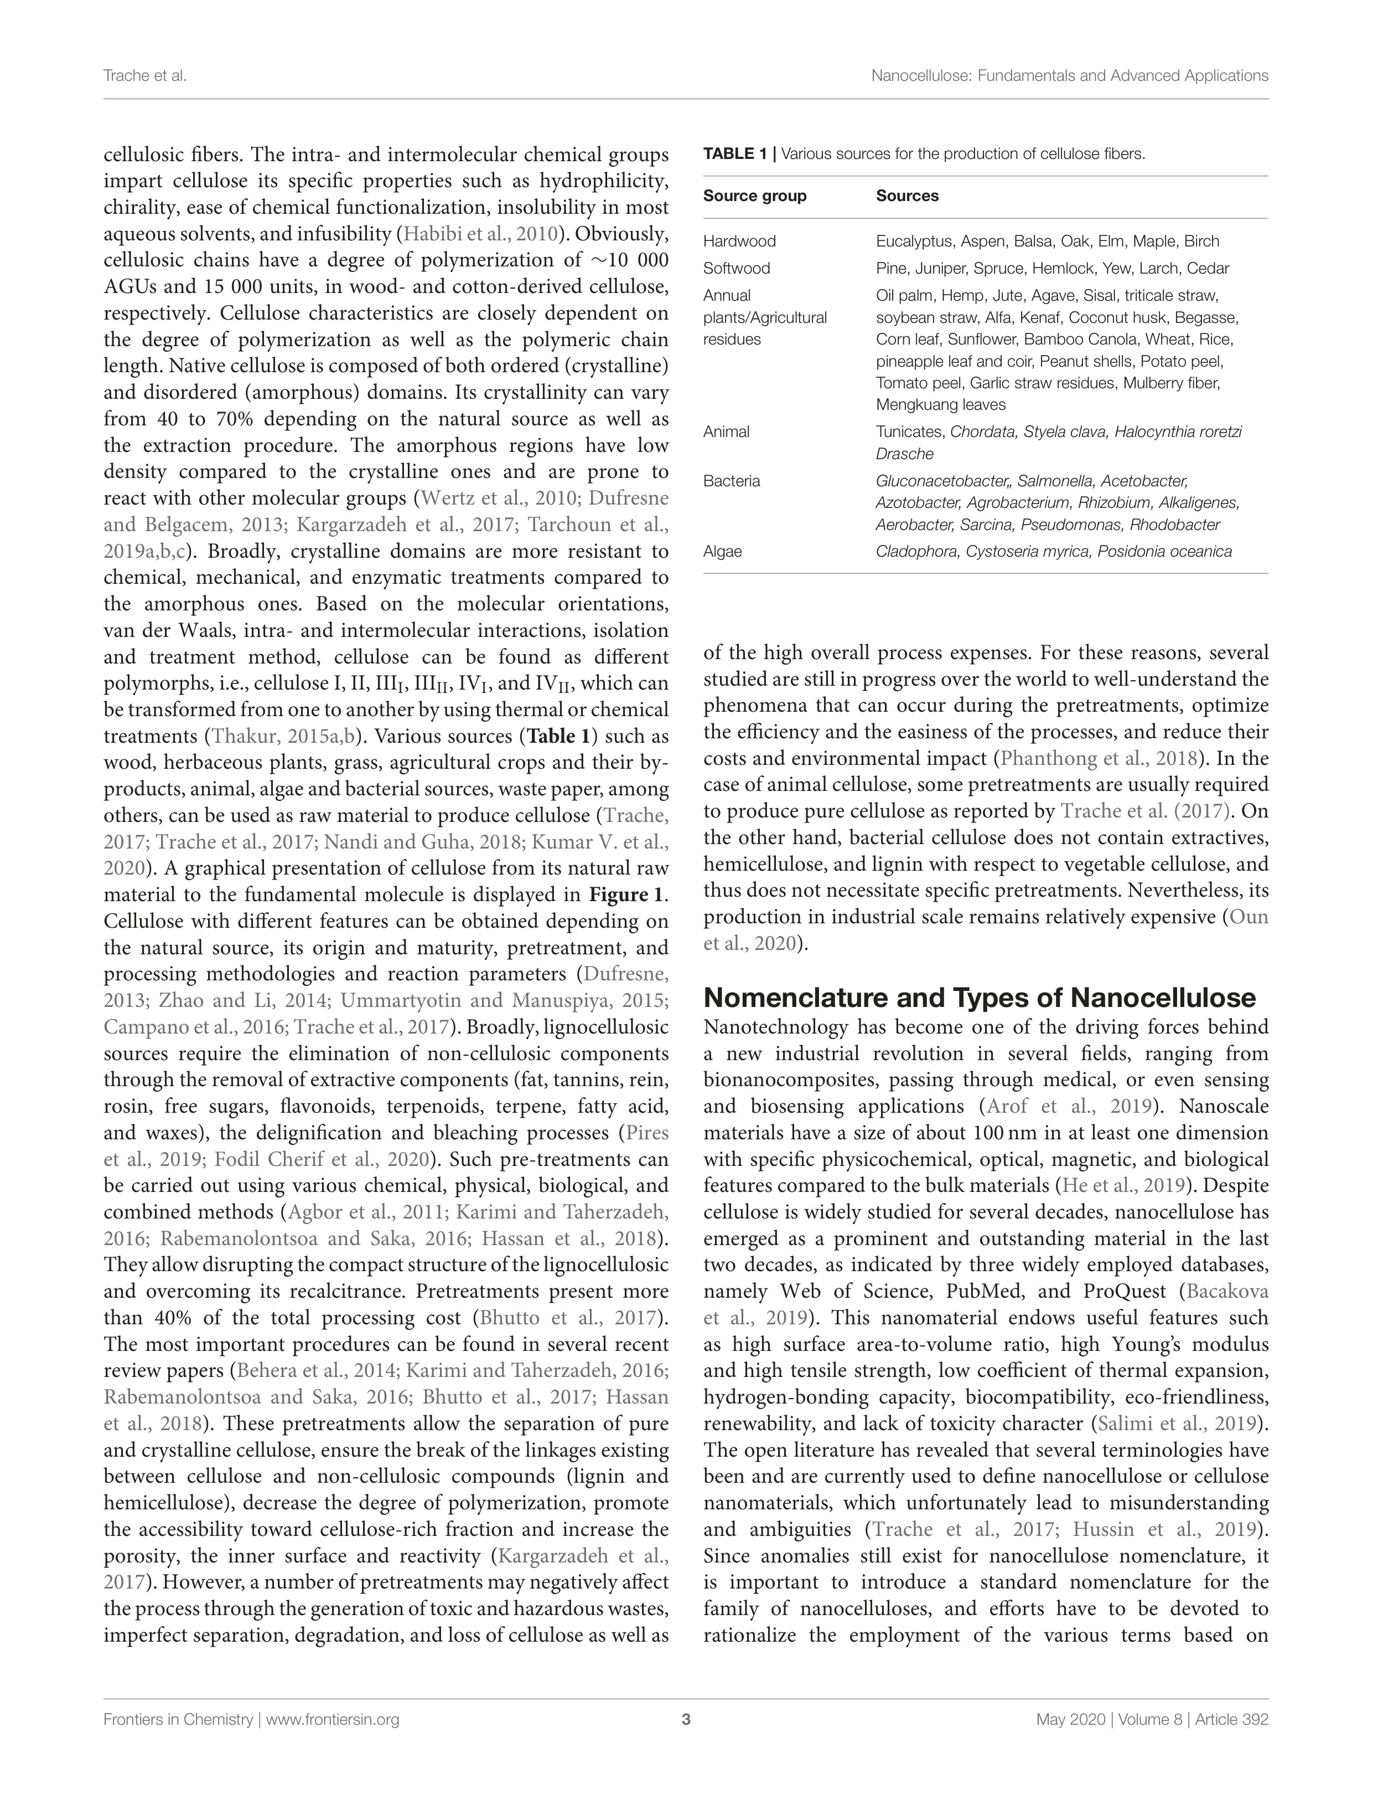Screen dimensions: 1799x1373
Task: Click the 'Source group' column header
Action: (754, 196)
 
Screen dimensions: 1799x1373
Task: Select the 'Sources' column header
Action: (907, 196)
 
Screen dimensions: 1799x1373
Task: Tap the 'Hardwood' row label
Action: (739, 241)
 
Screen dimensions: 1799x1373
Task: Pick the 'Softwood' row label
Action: (737, 268)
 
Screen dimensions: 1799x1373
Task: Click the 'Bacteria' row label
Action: (732, 481)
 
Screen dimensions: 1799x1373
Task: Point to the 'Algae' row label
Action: (722, 551)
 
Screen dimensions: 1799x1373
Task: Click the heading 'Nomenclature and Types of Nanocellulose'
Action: (979, 998)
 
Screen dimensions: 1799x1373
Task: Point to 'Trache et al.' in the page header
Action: (144, 76)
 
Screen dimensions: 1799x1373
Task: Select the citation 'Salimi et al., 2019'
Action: (1177, 1423)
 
